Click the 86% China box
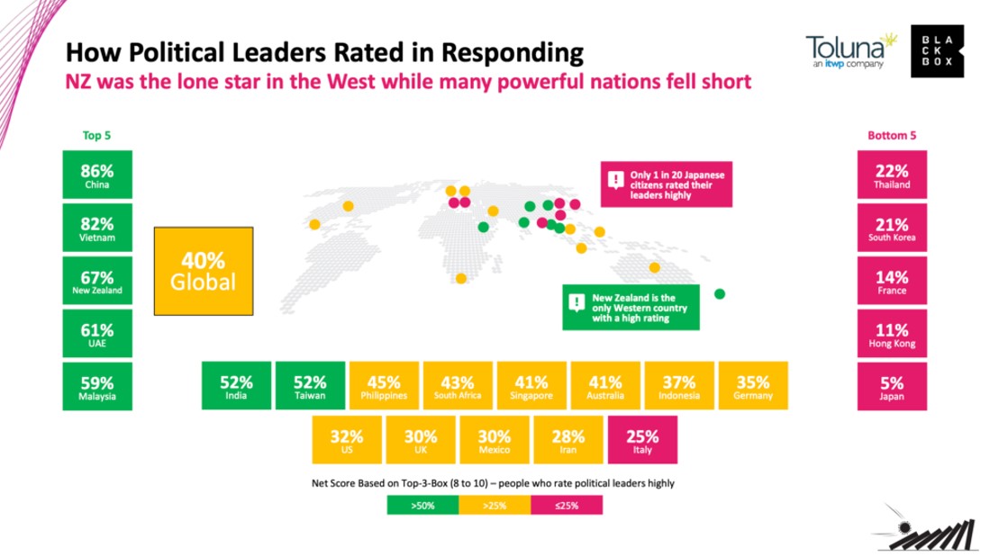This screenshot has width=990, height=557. click(96, 175)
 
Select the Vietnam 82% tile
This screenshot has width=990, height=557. click(96, 228)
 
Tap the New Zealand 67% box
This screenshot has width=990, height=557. click(96, 281)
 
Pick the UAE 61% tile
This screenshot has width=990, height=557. click(96, 334)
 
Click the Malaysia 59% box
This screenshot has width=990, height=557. click(96, 387)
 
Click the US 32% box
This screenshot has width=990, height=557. click(347, 441)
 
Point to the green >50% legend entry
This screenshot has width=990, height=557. click(422, 506)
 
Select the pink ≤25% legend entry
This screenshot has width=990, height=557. click(567, 506)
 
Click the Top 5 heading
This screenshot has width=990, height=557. click(96, 136)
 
